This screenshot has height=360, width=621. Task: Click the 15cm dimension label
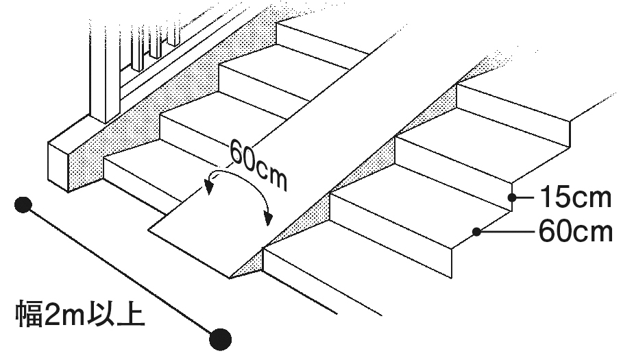tap(574, 198)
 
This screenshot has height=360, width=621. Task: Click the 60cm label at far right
tap(574, 232)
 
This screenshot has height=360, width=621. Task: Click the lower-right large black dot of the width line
tap(220, 337)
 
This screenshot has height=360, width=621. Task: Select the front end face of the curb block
tap(60, 167)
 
